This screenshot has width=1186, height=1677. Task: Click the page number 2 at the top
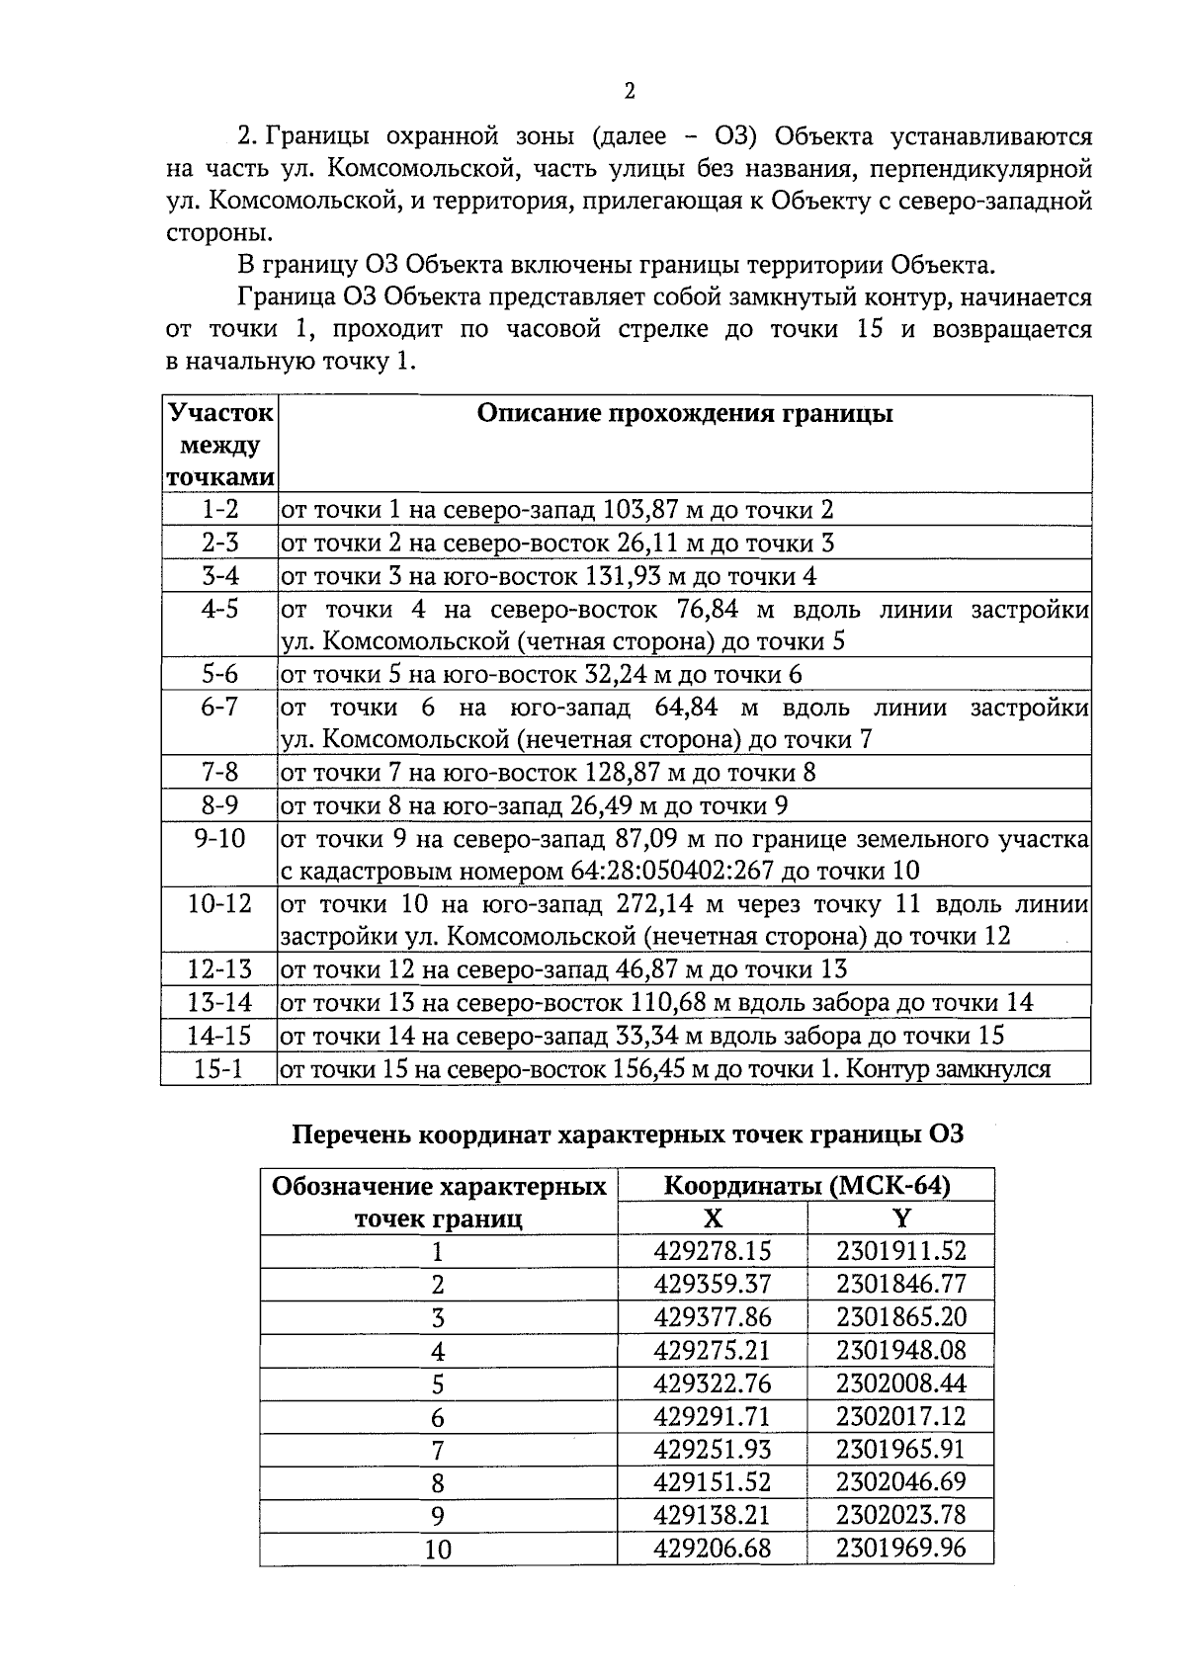pos(630,92)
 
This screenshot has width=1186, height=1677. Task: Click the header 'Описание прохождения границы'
pos(684,413)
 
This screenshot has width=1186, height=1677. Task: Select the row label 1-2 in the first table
pos(219,510)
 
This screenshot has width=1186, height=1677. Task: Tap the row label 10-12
pos(219,904)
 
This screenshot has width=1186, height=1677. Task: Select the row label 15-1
pos(219,1068)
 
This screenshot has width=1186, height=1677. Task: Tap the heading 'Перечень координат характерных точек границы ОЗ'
pos(628,1134)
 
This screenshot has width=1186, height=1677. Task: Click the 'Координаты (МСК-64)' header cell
pos(805,1185)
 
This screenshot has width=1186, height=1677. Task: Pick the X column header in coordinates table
pos(712,1217)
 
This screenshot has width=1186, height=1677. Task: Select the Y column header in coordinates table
pos(900,1217)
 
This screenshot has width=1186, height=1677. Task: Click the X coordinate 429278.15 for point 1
pos(712,1251)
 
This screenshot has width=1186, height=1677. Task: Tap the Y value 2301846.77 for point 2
pos(900,1284)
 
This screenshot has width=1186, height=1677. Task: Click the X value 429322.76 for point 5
pos(712,1383)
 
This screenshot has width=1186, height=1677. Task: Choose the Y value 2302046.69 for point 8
pos(900,1481)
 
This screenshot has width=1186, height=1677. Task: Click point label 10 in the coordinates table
pos(438,1549)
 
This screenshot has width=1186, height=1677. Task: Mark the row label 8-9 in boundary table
pos(219,805)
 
